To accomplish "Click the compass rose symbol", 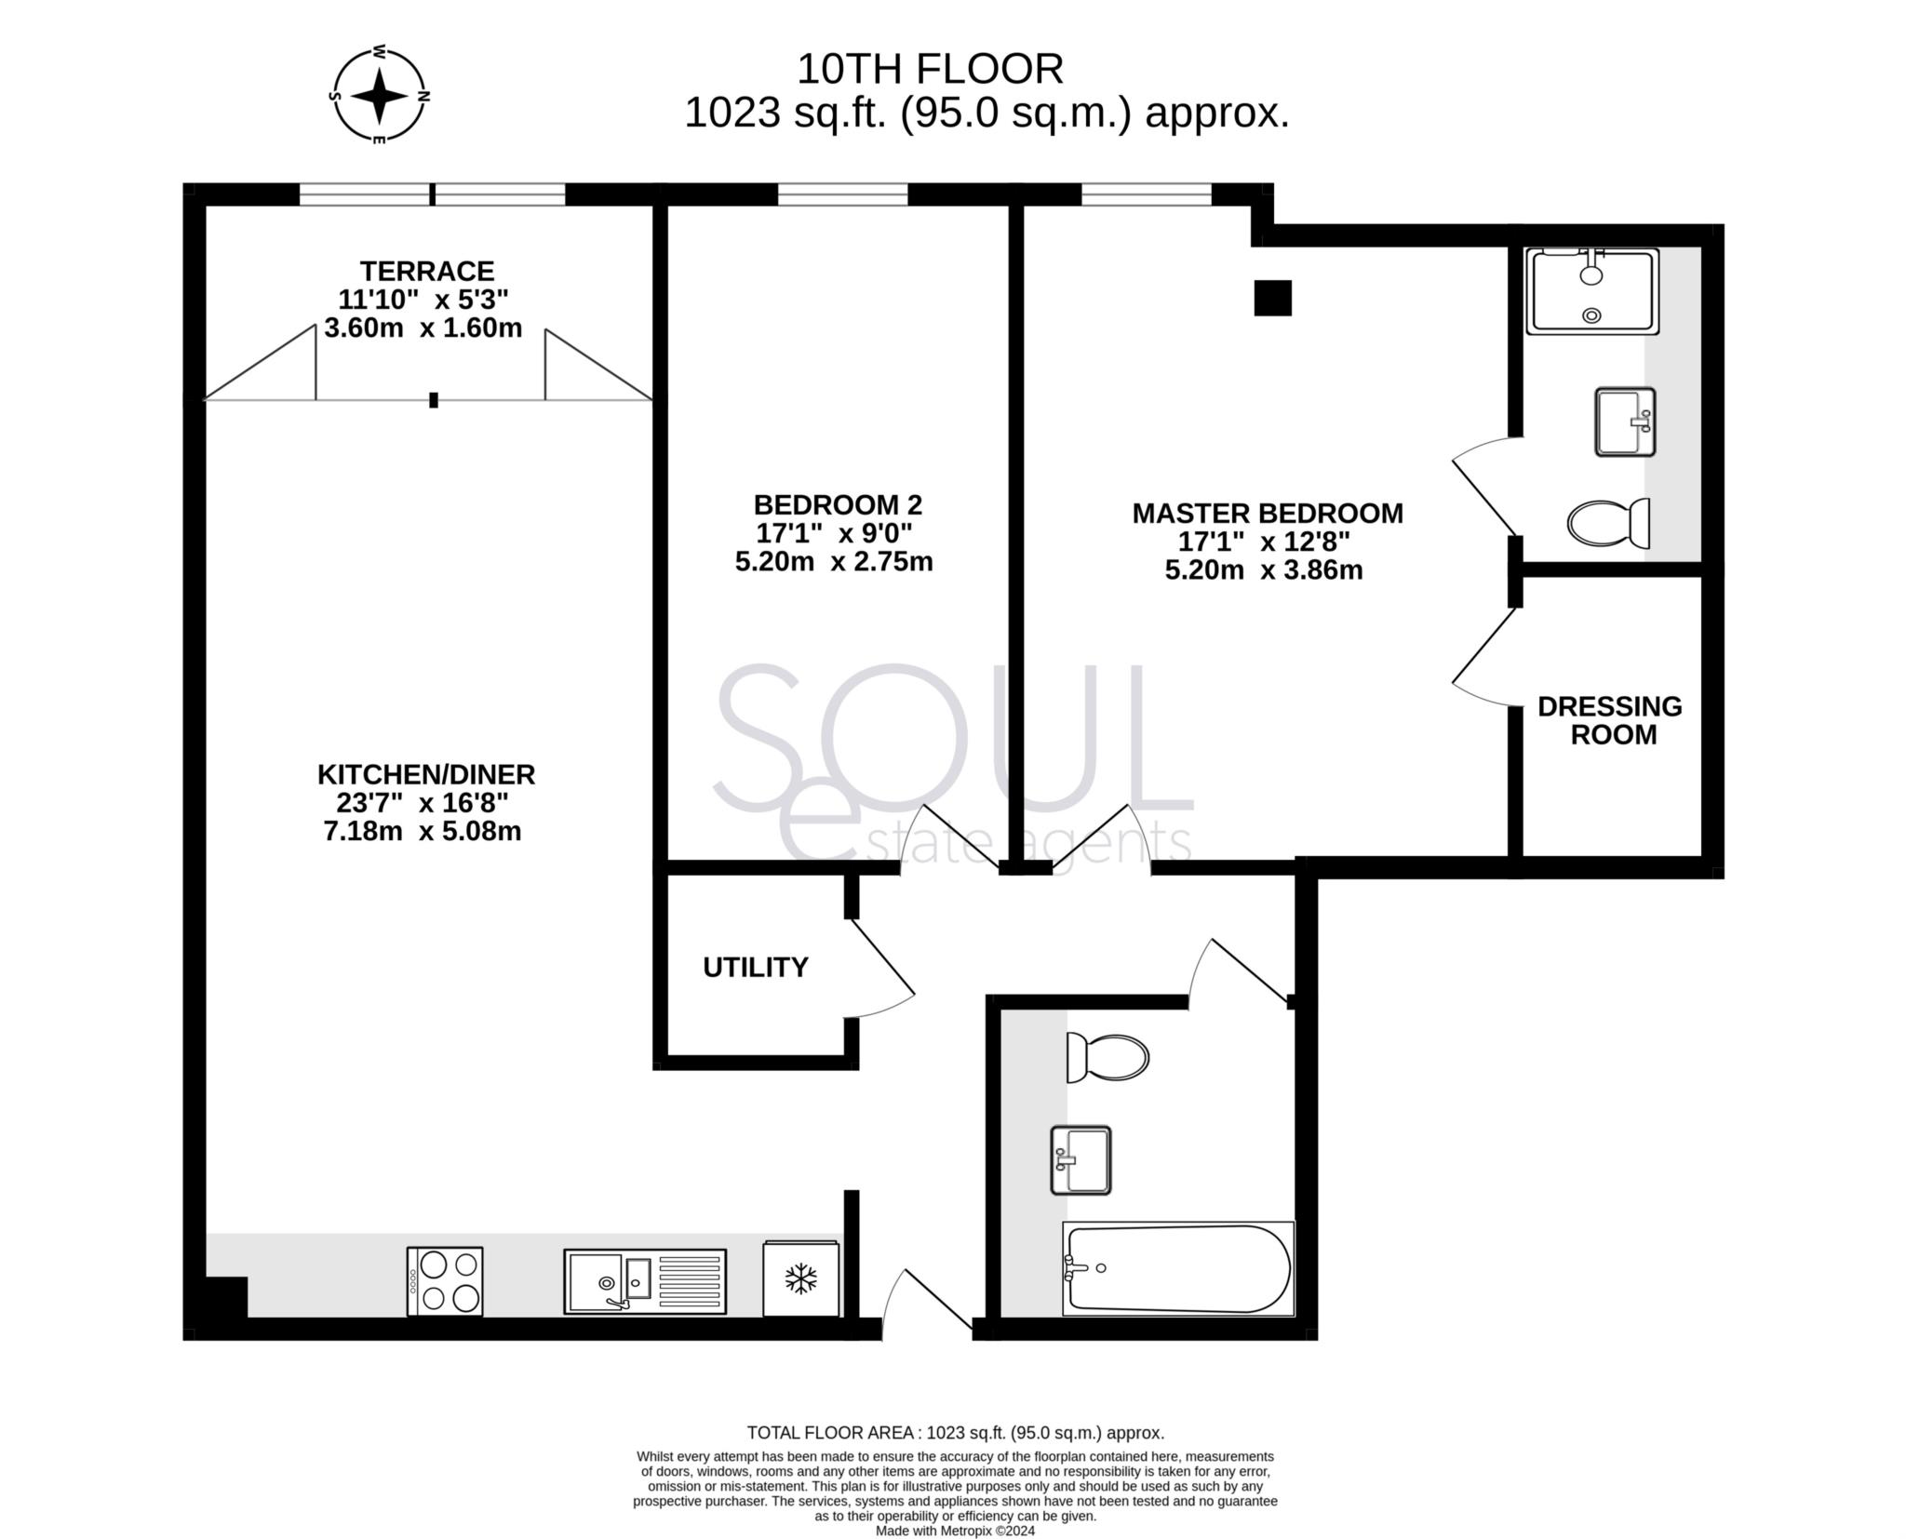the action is point(379,96).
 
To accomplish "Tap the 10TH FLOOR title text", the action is point(930,69).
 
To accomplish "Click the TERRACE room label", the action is point(427,271).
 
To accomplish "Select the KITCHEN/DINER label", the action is point(426,774).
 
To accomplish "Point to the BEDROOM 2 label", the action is point(838,505).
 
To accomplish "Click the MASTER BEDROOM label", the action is point(1268,514).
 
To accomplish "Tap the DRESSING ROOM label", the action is point(1610,720).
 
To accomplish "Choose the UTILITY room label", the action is point(756,968).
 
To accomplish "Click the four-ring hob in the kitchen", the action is point(445,1281).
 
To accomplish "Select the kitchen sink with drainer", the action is point(645,1281).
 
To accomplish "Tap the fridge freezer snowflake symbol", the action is point(800,1278).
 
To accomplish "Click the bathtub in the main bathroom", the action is point(1178,1268).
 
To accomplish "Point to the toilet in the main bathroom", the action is point(1107,1057).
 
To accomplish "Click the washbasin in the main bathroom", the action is point(1081,1160).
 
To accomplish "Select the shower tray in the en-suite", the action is point(1592,290).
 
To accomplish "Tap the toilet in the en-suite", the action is point(1609,523).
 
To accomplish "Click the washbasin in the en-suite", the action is point(1626,422).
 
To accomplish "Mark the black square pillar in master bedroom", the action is point(1273,298).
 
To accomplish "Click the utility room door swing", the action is point(879,968).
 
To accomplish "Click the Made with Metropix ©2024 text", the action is point(955,1531).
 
